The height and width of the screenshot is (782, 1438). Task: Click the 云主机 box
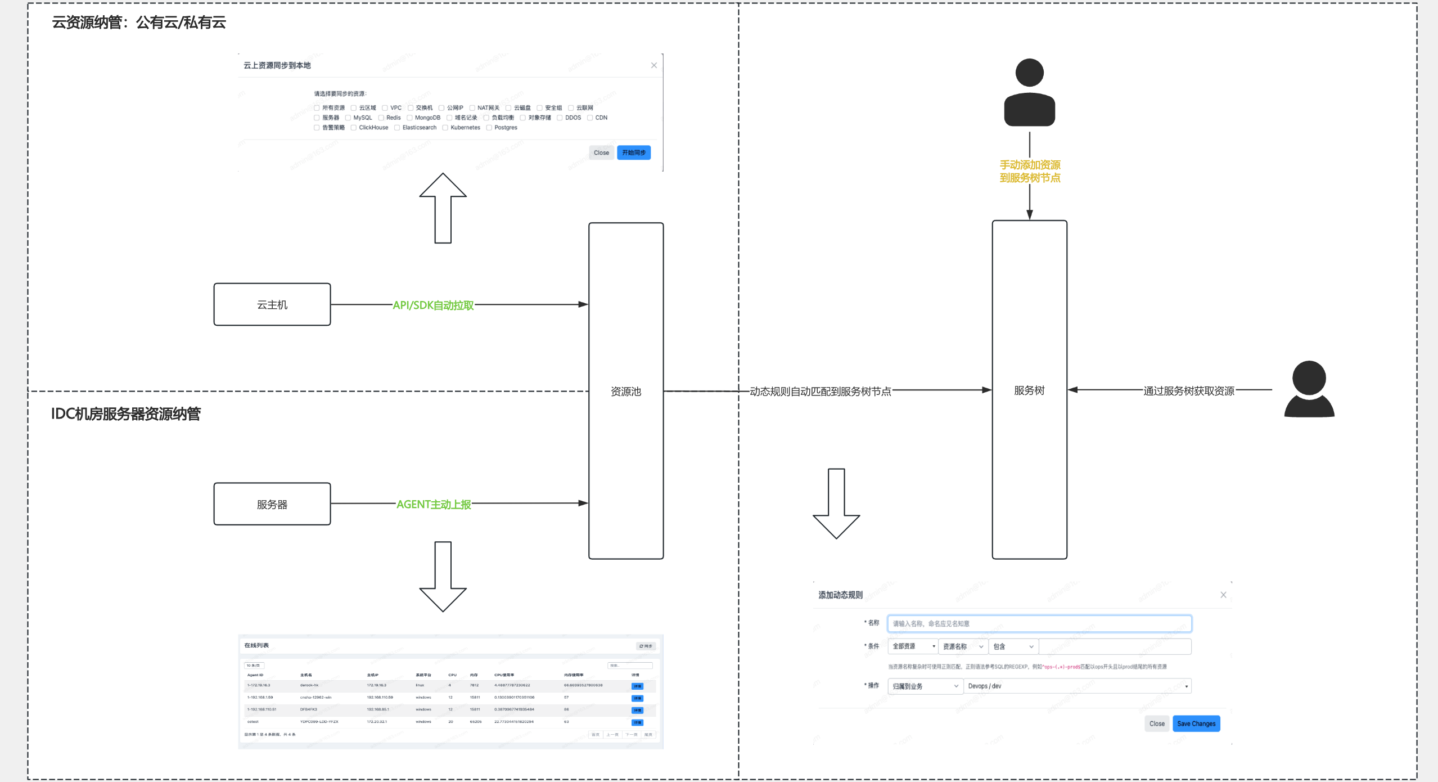[272, 304]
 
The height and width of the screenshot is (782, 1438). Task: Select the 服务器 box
[272, 504]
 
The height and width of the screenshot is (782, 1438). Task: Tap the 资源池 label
[626, 392]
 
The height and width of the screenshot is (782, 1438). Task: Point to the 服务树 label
[1029, 390]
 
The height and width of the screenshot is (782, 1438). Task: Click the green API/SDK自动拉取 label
[433, 305]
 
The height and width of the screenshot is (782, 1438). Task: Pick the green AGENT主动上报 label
[434, 504]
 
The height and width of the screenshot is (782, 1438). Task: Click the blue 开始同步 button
[634, 152]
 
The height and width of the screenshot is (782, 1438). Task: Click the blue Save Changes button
[1196, 723]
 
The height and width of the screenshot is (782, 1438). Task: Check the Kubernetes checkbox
[445, 128]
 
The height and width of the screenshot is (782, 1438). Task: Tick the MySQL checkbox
[348, 118]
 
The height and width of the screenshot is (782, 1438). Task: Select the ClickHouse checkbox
[354, 128]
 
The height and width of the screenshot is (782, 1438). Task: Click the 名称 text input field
[1039, 623]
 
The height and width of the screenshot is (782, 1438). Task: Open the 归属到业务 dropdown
[925, 686]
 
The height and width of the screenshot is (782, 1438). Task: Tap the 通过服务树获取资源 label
[1189, 391]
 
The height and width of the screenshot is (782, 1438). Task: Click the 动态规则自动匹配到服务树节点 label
[821, 392]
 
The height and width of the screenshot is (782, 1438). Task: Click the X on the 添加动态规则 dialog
[1223, 595]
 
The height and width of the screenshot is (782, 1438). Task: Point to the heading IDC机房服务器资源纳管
[126, 414]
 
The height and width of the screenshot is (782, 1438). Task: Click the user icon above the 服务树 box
[1029, 92]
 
